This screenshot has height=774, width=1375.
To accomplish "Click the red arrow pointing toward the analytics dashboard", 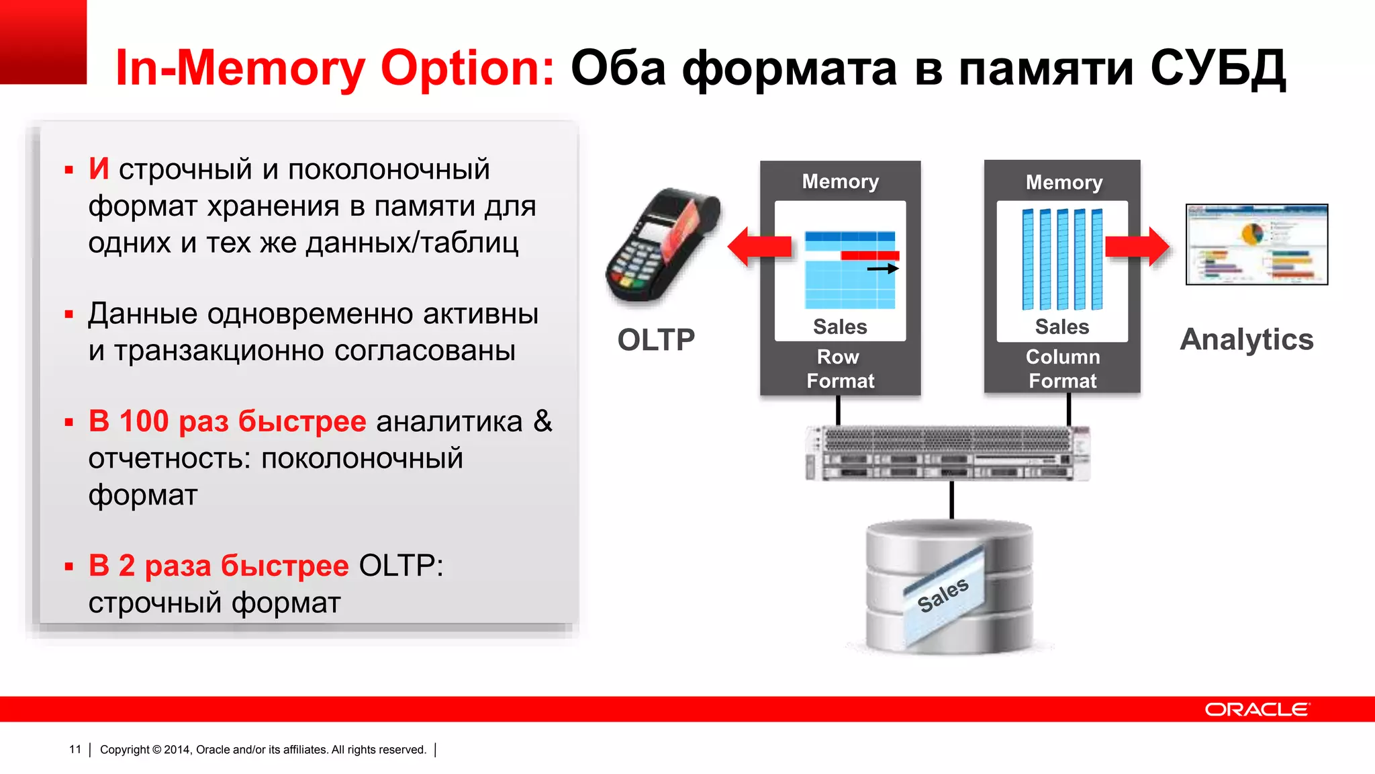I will (1137, 247).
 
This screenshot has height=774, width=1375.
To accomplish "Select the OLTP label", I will (656, 340).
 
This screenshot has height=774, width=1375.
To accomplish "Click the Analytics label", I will (1247, 339).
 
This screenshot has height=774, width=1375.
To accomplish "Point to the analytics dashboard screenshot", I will (1257, 245).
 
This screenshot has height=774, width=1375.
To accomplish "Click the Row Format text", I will (840, 369).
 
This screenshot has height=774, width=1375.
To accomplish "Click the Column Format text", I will (1063, 369).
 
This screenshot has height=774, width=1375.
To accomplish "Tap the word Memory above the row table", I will (840, 181).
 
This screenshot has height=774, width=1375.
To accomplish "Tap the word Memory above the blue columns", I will (1064, 182).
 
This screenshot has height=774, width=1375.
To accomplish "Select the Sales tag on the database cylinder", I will (943, 595).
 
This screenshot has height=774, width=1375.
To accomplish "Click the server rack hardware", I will (947, 453).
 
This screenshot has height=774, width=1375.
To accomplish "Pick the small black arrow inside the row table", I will (882, 269).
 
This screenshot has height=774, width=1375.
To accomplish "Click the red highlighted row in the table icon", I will (869, 255).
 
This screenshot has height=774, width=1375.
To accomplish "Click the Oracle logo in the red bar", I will (1257, 709).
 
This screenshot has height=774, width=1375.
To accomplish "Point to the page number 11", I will (75, 749).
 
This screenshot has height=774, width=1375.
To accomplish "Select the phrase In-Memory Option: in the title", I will (335, 69).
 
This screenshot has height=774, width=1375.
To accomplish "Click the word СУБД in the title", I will (1217, 69).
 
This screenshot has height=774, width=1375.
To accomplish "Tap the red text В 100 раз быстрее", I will (228, 421).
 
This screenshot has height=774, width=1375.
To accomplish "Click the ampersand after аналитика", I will (542, 421).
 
